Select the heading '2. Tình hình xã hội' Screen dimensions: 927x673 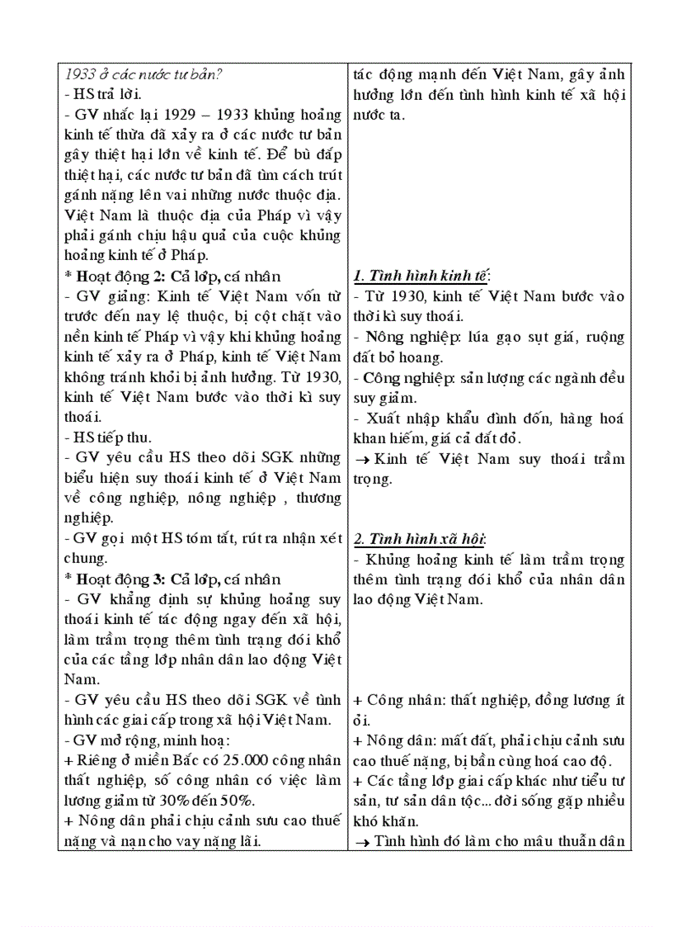coord(420,539)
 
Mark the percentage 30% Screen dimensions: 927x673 coord(168,800)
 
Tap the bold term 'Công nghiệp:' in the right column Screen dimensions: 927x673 coord(402,378)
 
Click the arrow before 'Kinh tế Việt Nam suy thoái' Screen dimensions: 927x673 coord(361,459)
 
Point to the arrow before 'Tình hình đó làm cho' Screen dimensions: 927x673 coord(361,841)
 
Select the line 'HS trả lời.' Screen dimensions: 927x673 coord(101,94)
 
